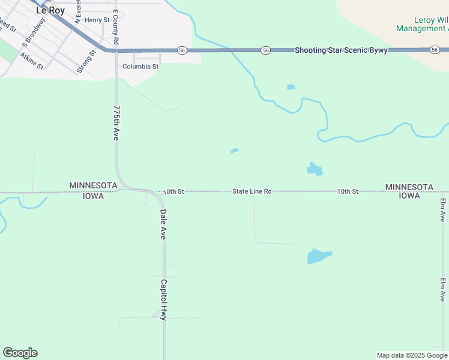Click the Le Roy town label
(50, 10)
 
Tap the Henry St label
(97, 20)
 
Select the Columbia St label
(140, 67)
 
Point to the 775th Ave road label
(116, 123)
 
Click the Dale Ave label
(162, 225)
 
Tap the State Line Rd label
(252, 191)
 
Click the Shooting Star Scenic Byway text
(340, 50)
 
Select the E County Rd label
(116, 29)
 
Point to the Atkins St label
(31, 61)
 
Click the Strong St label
(87, 62)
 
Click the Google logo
(20, 353)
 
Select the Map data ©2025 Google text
(412, 355)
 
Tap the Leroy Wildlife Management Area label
(422, 25)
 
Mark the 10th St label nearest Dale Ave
(172, 191)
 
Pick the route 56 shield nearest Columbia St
(182, 50)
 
